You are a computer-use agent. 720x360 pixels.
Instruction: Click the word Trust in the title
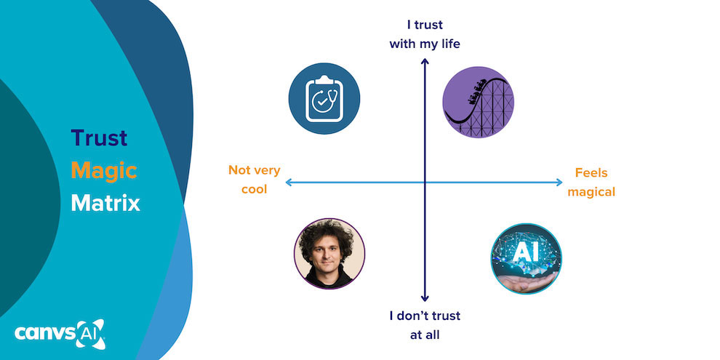[99, 137]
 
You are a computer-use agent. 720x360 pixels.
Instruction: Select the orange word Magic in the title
[103, 170]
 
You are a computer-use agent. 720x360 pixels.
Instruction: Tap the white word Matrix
[105, 202]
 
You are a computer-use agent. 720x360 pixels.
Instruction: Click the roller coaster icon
[479, 102]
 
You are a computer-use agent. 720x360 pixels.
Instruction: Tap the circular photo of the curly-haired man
[329, 254]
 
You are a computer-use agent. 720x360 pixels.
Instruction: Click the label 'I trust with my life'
[425, 34]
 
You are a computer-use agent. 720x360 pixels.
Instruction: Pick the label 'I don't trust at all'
[425, 326]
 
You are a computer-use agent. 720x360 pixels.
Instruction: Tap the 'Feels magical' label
[591, 183]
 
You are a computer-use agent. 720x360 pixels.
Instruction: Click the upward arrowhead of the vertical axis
[425, 61]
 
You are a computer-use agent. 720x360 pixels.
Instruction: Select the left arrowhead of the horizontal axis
[289, 182]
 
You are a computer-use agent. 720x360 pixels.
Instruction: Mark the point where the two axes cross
[425, 182]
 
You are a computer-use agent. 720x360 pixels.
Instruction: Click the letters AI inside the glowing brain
[525, 251]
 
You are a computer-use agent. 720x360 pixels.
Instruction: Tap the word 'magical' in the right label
[591, 192]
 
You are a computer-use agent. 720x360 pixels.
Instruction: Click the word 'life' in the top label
[448, 44]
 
